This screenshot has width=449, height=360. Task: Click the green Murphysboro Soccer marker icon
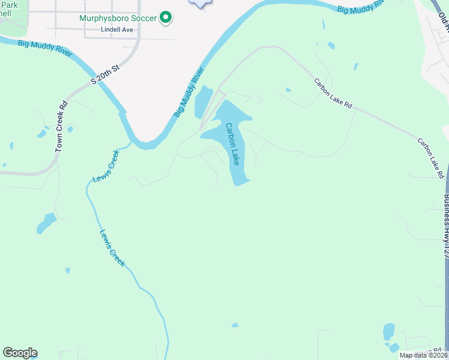pyautogui.click(x=166, y=18)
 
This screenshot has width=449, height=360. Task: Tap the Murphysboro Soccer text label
pyautogui.click(x=118, y=18)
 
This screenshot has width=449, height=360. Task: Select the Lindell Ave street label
pyautogui.click(x=117, y=29)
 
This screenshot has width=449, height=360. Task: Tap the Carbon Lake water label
pyautogui.click(x=232, y=144)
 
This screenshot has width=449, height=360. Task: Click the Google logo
pyautogui.click(x=19, y=353)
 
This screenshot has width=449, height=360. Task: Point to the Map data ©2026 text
pyautogui.click(x=423, y=355)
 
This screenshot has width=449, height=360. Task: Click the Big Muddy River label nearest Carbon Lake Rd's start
pyautogui.click(x=360, y=7)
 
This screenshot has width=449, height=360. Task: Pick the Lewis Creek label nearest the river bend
pyautogui.click(x=106, y=166)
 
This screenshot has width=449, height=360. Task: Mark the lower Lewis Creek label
pyautogui.click(x=112, y=248)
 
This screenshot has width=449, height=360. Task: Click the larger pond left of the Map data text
pyautogui.click(x=389, y=331)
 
